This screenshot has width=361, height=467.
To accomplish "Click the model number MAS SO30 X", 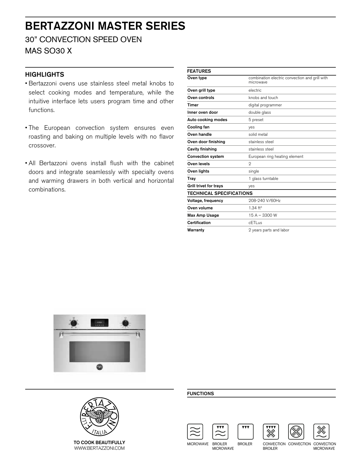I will (48, 51).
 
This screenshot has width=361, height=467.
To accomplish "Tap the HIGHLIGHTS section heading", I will (44, 75).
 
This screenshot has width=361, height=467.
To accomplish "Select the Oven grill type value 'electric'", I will (255, 91).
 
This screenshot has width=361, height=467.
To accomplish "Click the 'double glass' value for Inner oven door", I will (260, 113).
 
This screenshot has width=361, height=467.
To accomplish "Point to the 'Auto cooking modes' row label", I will (207, 120).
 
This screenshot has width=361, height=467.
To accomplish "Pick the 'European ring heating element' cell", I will (275, 157).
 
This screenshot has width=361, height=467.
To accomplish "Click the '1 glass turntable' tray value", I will (263, 179).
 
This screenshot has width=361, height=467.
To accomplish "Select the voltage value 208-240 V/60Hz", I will (264, 201).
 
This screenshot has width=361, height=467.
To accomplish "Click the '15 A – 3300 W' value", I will (262, 216).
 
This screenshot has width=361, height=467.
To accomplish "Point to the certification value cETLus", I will (255, 223).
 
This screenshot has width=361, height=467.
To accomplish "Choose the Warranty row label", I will (196, 230).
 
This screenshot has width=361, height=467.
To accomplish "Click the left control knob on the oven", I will (74, 323).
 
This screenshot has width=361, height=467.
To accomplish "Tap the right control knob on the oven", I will (125, 323).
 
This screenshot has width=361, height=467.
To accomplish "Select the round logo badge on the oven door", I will (99, 367).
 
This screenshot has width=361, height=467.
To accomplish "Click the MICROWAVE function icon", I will (195, 432).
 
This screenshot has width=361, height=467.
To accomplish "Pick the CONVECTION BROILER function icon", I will (271, 432).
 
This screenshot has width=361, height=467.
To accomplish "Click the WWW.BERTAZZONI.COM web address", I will (99, 448).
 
